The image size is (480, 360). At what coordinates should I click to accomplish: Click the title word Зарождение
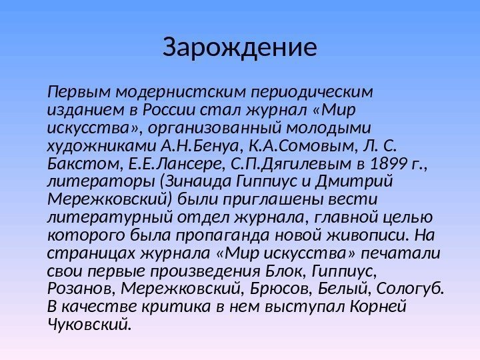(240, 48)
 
